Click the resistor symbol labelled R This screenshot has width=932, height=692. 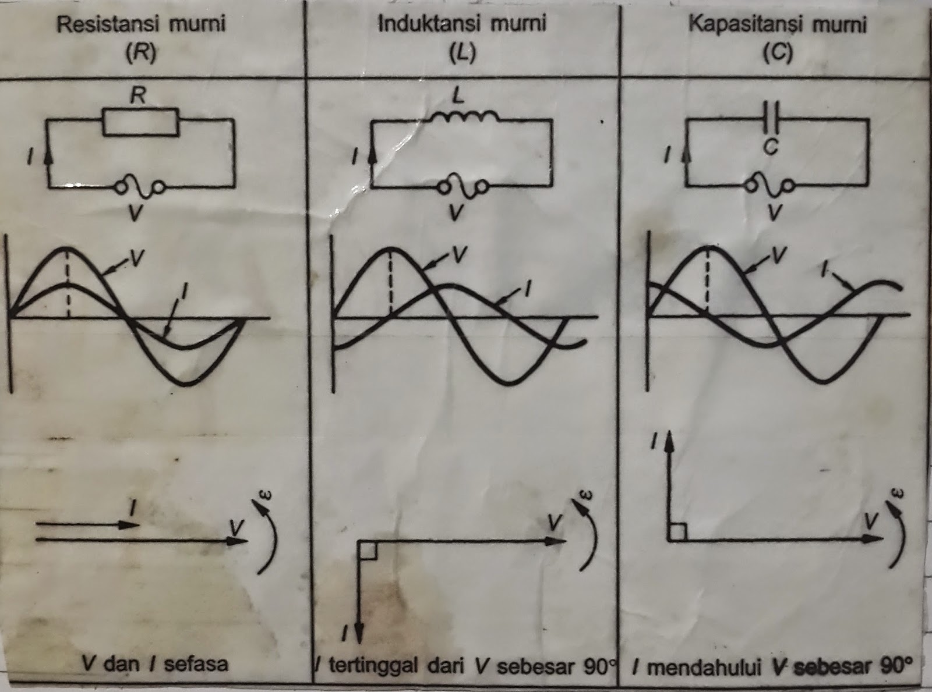[140, 122]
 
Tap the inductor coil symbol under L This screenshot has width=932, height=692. [464, 117]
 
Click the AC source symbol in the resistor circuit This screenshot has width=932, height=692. [140, 187]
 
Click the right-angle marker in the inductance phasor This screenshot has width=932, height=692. [366, 550]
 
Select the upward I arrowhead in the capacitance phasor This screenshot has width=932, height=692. [670, 442]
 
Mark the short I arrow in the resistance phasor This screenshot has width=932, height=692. [87, 524]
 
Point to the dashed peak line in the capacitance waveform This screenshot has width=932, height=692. [707, 279]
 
